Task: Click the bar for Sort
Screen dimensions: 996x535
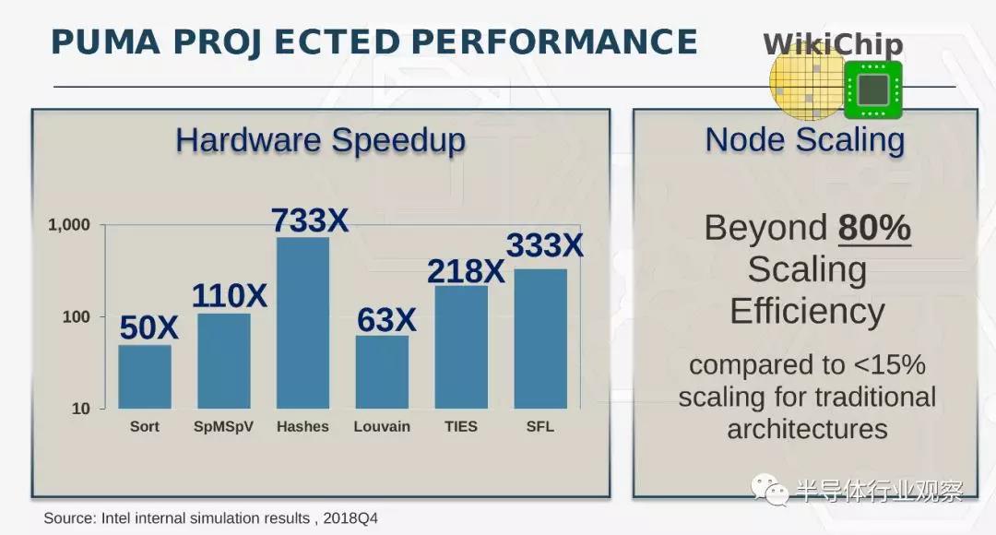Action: [x=145, y=376]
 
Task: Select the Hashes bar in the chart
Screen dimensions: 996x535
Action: [x=303, y=323]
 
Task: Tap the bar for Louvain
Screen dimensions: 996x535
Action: [x=382, y=372]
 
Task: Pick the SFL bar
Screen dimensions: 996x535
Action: [x=540, y=339]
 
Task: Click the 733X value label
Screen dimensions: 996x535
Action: [x=310, y=220]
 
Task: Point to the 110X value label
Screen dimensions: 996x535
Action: [x=230, y=295]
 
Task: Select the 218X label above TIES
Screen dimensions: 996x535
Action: [x=466, y=271]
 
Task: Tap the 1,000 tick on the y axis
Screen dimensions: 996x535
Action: [x=69, y=224]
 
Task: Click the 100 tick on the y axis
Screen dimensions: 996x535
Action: [x=77, y=316]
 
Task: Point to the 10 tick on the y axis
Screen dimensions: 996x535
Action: [x=80, y=409]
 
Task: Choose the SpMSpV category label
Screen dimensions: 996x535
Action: [x=223, y=426]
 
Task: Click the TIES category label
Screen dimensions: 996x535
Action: [x=460, y=426]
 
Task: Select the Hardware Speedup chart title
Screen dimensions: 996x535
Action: [x=320, y=140]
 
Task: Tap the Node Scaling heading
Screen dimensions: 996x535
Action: [x=805, y=140]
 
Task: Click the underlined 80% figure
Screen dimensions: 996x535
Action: [x=874, y=228]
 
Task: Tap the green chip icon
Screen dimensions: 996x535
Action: [x=873, y=89]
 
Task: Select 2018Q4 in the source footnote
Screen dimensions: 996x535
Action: [x=350, y=518]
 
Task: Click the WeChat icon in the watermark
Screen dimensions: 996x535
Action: [x=769, y=489]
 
